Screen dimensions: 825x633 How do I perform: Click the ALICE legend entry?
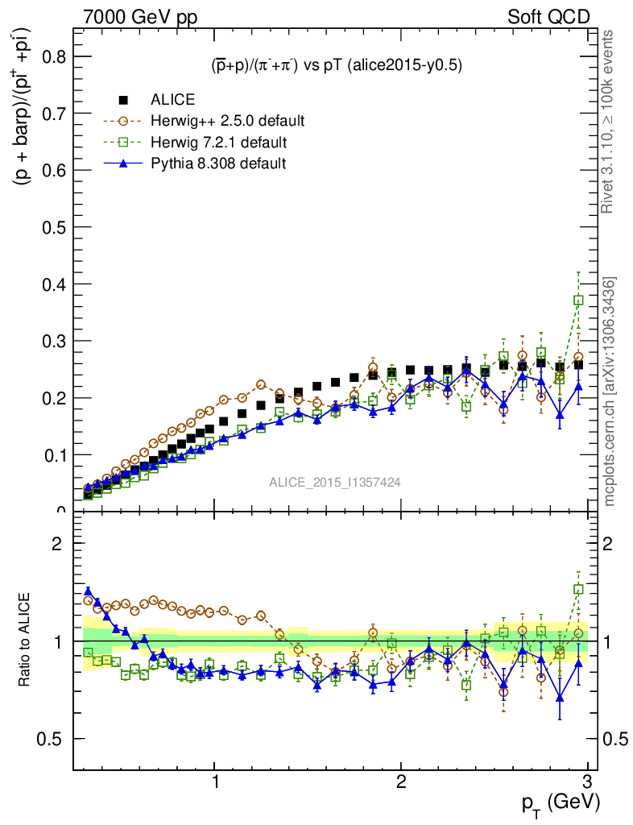tap(172, 100)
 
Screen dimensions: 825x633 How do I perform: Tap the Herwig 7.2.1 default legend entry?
tap(218, 143)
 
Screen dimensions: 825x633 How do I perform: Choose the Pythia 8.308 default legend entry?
tap(218, 164)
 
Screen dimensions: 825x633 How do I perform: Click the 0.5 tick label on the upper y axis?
tap(54, 227)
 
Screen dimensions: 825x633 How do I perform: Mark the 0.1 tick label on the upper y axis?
tap(54, 455)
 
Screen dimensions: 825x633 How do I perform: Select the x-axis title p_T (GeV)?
tap(559, 803)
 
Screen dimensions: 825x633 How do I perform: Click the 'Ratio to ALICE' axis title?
tap(27, 641)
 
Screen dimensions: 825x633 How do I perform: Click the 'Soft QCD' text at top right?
tap(548, 16)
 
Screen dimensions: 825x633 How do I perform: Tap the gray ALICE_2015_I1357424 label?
tap(335, 482)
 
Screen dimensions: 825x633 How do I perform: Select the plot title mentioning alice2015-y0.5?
tap(331, 66)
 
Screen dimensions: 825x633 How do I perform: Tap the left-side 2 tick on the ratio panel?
tap(56, 543)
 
